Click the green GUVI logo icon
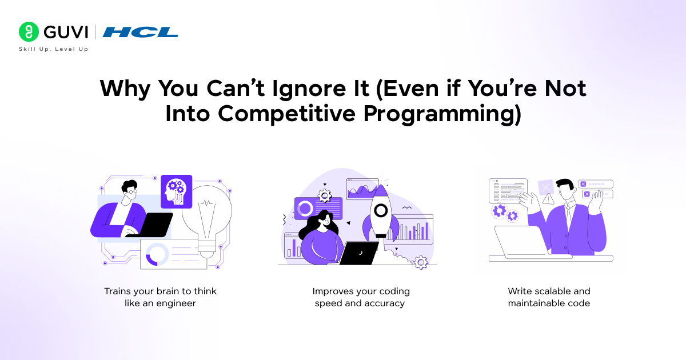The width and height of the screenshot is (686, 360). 28,31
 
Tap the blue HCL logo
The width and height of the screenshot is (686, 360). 141,32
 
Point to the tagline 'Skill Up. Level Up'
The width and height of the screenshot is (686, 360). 53,49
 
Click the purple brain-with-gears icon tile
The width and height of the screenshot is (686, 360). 177,191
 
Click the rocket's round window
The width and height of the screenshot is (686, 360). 378,211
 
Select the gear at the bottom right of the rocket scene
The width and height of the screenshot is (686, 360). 421,262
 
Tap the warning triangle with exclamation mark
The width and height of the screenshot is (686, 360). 549,199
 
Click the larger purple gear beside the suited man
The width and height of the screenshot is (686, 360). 500,211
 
